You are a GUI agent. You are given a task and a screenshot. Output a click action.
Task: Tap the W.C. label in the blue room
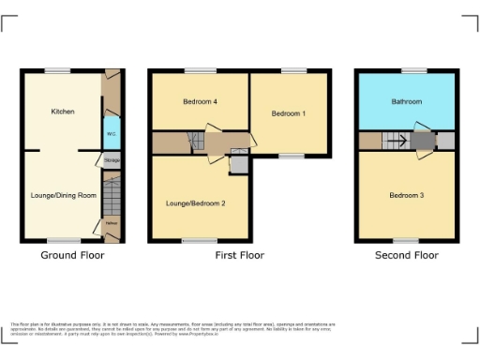pyautogui.click(x=112, y=133)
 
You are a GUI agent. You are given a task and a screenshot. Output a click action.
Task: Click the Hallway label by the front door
pyautogui.click(x=112, y=223)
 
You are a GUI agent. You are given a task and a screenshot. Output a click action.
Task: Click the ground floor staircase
pyautogui.click(x=112, y=197)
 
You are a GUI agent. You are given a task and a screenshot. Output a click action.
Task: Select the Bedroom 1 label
pyautogui.click(x=287, y=113)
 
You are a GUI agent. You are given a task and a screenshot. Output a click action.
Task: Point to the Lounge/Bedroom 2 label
pyautogui.click(x=195, y=202)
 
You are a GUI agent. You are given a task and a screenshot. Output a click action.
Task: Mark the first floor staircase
pyautogui.click(x=196, y=142)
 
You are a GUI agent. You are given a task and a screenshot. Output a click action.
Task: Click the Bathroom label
pyautogui.click(x=406, y=101)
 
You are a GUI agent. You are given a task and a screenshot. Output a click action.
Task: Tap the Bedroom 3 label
pyautogui.click(x=406, y=195)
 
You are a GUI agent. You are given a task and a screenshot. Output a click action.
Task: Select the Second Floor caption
pyautogui.click(x=406, y=255)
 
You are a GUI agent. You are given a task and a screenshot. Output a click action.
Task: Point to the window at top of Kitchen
pyautogui.click(x=58, y=70)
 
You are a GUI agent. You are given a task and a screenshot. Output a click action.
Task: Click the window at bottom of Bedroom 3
pyautogui.click(x=406, y=241)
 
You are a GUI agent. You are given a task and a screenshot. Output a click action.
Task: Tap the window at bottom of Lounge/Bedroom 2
pyautogui.click(x=194, y=241)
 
